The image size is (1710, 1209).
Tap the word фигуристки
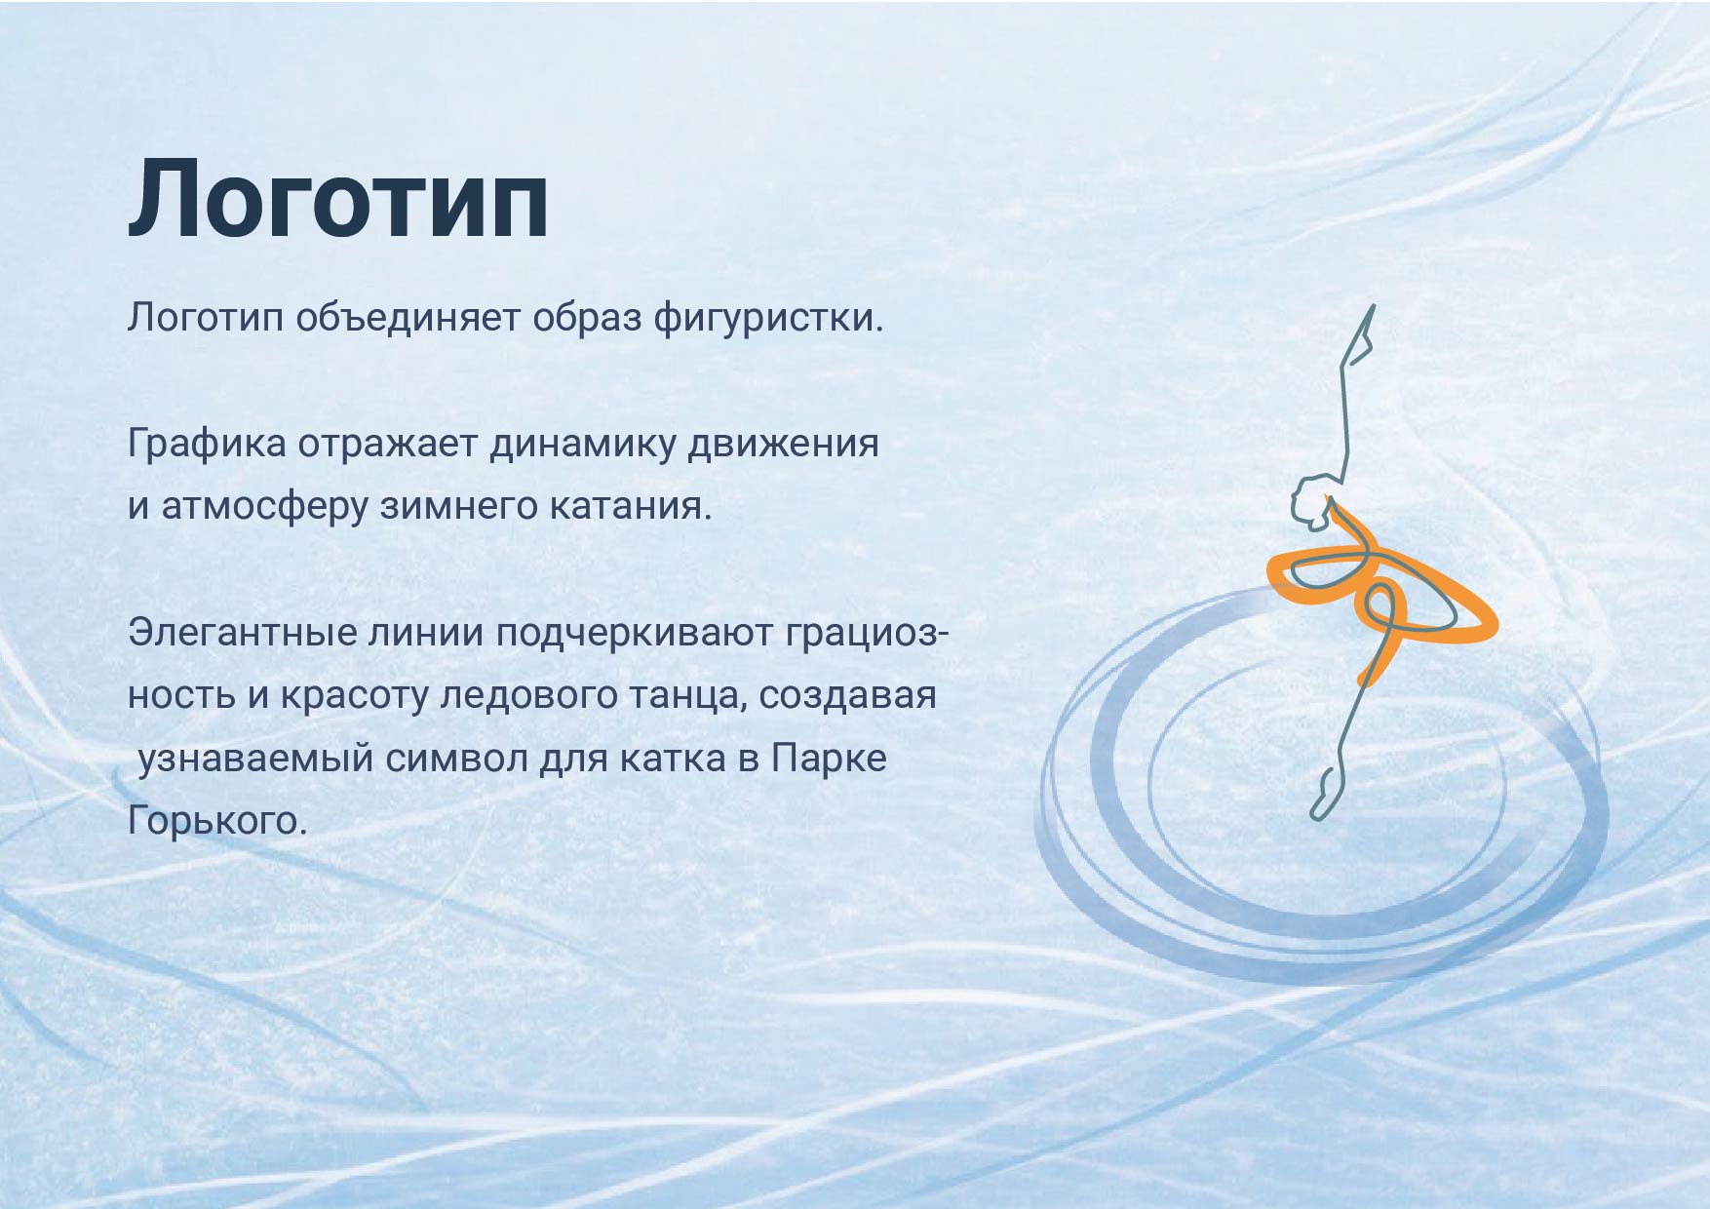click(x=767, y=318)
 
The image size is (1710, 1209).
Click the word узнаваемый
click(x=255, y=758)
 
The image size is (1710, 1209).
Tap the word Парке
click(x=829, y=758)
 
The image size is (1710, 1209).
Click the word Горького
click(x=216, y=821)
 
